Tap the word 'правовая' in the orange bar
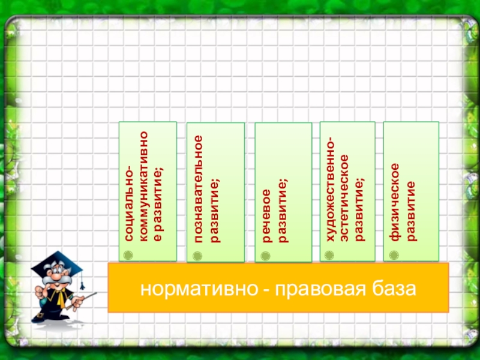click(x=316, y=290)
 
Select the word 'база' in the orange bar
click(x=392, y=290)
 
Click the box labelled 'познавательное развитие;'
click(x=215, y=192)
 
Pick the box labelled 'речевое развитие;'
click(x=283, y=192)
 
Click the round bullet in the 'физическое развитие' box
click(x=394, y=254)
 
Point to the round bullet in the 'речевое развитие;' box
click(x=266, y=255)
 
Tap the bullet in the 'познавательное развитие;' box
click(x=198, y=255)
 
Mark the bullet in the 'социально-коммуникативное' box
click(x=128, y=254)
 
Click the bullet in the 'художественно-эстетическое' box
click(x=330, y=254)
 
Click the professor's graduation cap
click(x=57, y=263)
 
